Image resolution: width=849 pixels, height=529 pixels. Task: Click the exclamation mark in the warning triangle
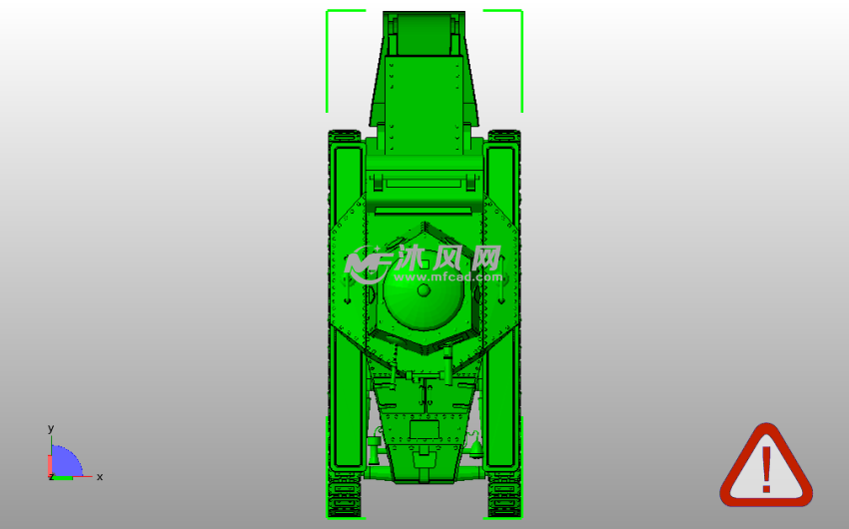[x=766, y=469]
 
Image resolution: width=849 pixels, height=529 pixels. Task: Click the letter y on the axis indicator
[x=51, y=428]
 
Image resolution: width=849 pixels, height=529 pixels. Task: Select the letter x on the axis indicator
[x=100, y=476]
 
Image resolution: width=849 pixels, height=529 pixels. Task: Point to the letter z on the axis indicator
[x=51, y=476]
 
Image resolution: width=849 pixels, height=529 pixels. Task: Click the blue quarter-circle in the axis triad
[x=65, y=461]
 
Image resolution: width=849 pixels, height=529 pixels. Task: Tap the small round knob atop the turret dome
[x=424, y=290]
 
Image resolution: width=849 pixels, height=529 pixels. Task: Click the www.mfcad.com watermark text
[x=447, y=276]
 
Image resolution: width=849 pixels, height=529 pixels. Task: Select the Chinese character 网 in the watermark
[x=486, y=258]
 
